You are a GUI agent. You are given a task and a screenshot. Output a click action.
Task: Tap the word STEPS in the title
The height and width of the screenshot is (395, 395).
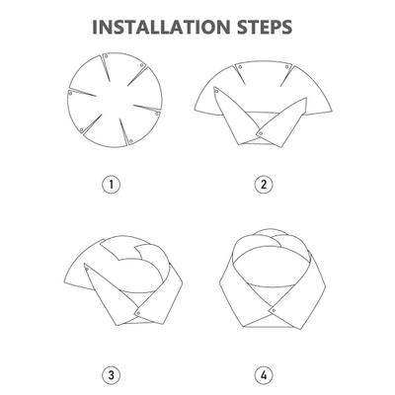(x=265, y=27)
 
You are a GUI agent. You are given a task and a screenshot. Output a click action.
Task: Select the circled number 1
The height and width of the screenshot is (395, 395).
(x=112, y=185)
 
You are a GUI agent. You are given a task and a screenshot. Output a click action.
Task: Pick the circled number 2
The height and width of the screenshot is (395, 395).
(x=264, y=185)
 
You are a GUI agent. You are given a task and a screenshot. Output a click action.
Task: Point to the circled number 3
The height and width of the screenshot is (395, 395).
(x=112, y=375)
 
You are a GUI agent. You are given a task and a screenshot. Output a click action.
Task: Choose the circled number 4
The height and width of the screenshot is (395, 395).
(x=264, y=375)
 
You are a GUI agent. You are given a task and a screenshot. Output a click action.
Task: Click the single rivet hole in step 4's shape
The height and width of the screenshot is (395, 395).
(x=273, y=310)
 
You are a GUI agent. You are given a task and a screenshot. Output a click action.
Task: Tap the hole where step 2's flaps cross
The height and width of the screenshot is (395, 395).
(x=261, y=133)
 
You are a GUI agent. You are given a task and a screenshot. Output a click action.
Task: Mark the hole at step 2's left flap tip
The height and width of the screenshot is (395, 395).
(x=217, y=92)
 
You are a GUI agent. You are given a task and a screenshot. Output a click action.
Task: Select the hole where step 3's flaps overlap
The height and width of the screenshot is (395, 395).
(x=138, y=313)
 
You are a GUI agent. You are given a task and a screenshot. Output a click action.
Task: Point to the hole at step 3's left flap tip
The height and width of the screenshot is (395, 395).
(x=87, y=270)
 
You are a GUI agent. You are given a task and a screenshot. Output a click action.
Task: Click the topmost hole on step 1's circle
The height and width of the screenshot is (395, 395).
(x=106, y=56)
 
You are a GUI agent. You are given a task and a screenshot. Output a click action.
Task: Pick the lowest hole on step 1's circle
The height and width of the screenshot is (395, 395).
(x=131, y=141)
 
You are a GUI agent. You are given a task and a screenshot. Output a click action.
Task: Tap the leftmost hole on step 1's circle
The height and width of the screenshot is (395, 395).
(x=70, y=93)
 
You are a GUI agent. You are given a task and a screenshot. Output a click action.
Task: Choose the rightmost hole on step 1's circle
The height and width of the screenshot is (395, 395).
(x=157, y=114)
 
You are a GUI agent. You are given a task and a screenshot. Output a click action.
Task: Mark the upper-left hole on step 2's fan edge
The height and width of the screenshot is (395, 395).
(x=240, y=67)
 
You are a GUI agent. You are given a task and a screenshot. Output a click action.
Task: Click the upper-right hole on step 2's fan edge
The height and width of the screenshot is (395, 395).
(x=287, y=67)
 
